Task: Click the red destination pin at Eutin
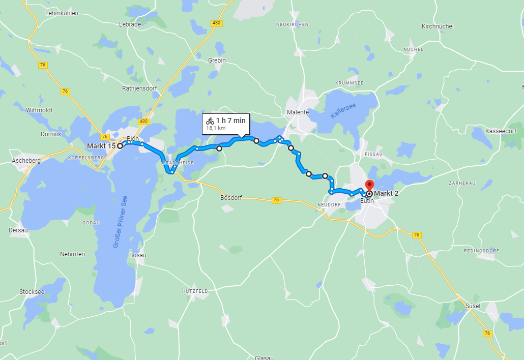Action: tap(369, 186)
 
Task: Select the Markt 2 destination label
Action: tap(388, 193)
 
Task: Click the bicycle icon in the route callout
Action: tap(210, 121)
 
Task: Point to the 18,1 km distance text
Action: tap(216, 129)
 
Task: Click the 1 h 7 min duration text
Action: tap(230, 121)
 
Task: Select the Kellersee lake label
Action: tap(344, 111)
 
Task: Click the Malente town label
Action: tap(298, 112)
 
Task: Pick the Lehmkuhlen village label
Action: tap(62, 13)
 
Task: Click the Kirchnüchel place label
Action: tap(438, 26)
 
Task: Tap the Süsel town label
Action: tap(473, 306)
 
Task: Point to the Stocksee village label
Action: tap(32, 292)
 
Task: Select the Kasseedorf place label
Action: tap(501, 131)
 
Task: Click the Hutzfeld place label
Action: tap(195, 291)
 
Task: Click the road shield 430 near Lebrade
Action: tap(217, 23)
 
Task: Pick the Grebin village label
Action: tap(217, 61)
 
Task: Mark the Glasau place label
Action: tap(264, 357)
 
